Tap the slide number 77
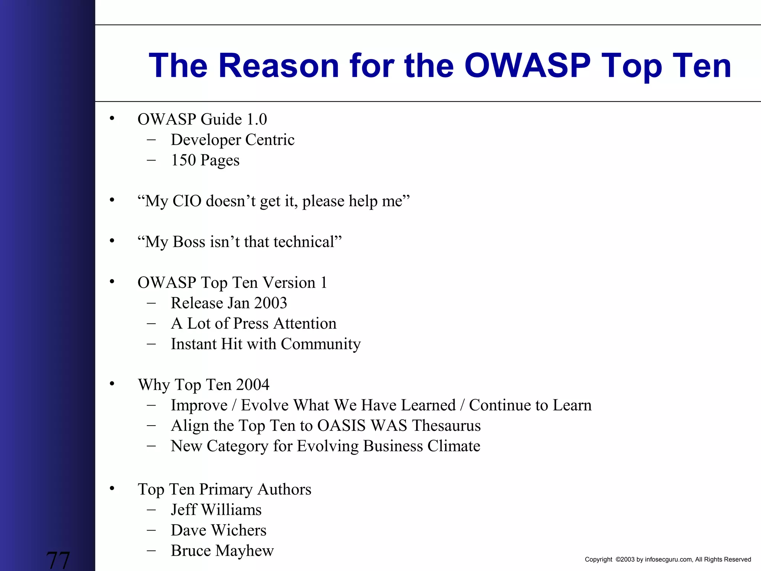tap(58, 560)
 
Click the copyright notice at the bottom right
tap(668, 559)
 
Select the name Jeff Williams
tap(216, 510)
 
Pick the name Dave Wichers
tap(218, 530)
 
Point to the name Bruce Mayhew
tap(222, 551)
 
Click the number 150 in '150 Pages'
tap(183, 160)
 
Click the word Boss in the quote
tap(189, 242)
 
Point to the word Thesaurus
tap(446, 426)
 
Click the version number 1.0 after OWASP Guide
tap(257, 119)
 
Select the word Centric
tap(270, 140)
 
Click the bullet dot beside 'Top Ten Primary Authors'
tap(112, 488)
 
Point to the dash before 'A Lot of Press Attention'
tap(151, 323)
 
